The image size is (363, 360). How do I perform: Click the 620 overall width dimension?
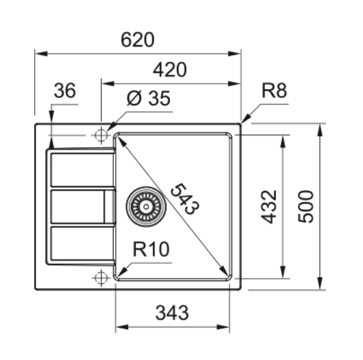click(x=138, y=40)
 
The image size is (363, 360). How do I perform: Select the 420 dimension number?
click(x=170, y=70)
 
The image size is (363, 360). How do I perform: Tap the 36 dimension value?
click(x=65, y=90)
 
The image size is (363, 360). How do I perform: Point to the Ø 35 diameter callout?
click(x=148, y=98)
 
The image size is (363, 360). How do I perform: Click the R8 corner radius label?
click(x=274, y=90)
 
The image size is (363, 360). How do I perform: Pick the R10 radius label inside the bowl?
click(x=151, y=249)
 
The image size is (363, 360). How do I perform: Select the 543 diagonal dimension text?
click(x=185, y=199)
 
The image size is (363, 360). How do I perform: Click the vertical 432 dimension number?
click(x=269, y=207)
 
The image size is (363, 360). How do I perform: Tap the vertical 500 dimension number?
click(x=306, y=207)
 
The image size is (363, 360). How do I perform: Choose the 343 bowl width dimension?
click(x=172, y=313)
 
